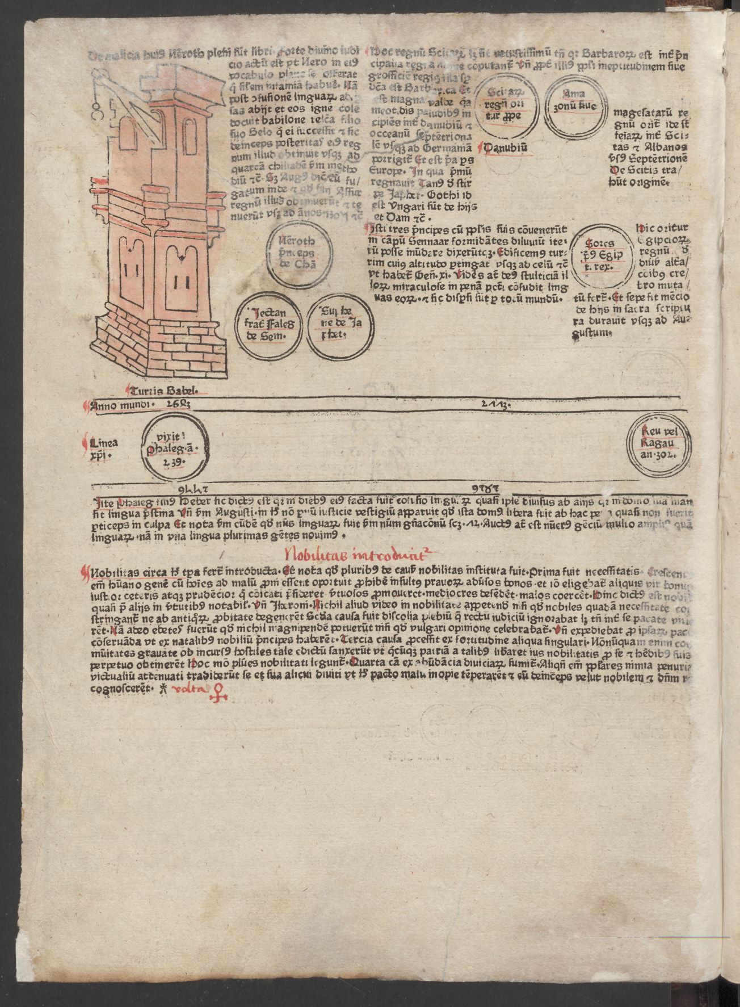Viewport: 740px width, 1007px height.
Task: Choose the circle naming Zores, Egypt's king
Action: click(603, 258)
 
